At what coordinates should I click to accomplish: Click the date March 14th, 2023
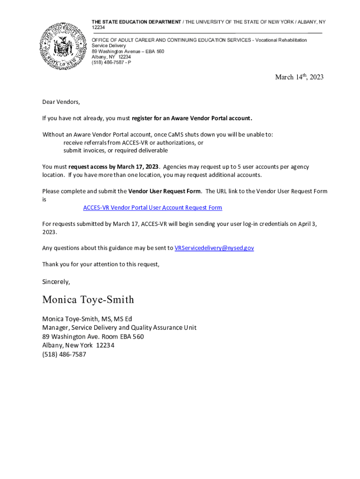point(299,77)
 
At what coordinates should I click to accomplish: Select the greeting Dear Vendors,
point(61,102)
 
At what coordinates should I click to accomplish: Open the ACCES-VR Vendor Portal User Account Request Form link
point(152,208)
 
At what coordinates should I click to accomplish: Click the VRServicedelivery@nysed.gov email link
point(214,248)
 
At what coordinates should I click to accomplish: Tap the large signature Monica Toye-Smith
point(88,299)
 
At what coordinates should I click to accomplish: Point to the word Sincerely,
point(56,282)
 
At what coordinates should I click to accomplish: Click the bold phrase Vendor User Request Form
point(165,191)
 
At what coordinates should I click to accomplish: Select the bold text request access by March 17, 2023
point(114,167)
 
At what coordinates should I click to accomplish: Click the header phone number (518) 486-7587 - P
point(111,62)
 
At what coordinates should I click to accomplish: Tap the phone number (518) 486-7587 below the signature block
point(64,355)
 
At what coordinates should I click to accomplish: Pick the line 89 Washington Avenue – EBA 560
point(128,51)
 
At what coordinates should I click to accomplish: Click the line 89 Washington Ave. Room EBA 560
point(93,337)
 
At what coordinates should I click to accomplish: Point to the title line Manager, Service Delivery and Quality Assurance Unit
point(119,328)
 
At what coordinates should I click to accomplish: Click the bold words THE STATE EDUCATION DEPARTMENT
point(136,22)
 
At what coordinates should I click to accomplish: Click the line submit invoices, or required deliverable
point(115,151)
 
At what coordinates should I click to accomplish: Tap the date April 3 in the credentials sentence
point(308,224)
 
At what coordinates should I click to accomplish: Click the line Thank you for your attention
point(101,264)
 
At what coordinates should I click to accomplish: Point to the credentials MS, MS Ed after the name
point(117,319)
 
